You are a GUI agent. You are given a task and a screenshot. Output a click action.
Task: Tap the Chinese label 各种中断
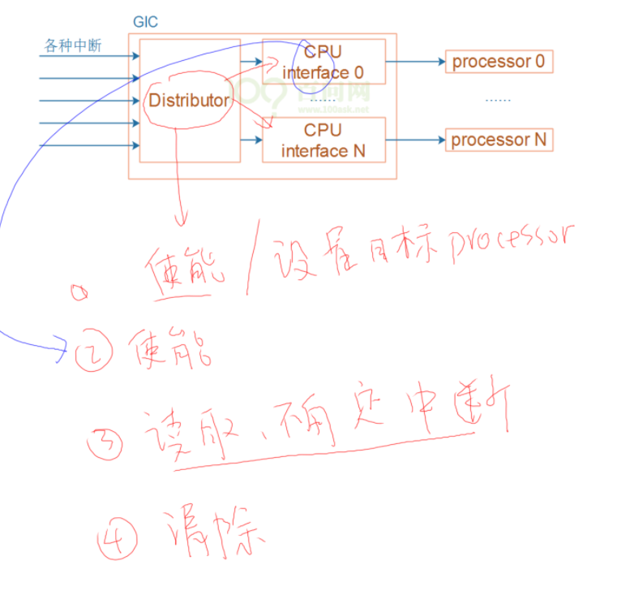point(72,45)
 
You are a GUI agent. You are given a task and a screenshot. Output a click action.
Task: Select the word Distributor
point(188,101)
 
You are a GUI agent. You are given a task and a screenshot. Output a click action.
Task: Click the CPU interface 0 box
point(323,63)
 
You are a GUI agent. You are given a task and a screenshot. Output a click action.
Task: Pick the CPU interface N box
point(323,140)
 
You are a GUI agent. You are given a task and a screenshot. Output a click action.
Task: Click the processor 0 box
point(499,62)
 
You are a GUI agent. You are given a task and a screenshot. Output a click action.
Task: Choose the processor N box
point(499,140)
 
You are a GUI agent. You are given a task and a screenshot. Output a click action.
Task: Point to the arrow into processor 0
point(439,61)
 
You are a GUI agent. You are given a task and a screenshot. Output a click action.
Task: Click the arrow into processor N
point(439,140)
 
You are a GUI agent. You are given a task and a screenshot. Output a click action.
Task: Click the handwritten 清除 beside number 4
point(215,534)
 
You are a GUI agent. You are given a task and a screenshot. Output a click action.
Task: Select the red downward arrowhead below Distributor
point(180,219)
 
